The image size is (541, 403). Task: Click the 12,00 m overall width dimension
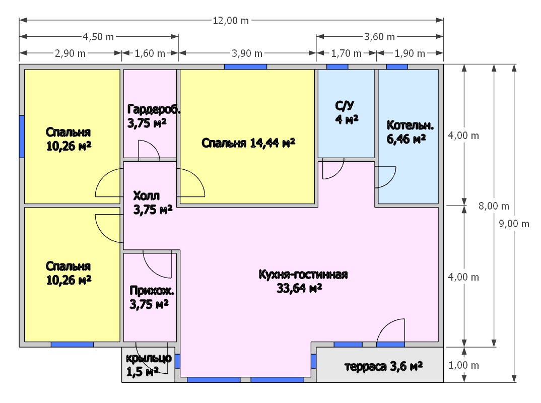pyautogui.click(x=231, y=21)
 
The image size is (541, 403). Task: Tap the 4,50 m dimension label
pyautogui.click(x=98, y=37)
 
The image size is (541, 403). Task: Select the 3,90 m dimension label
pyautogui.click(x=247, y=53)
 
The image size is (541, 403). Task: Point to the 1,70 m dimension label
pyautogui.click(x=347, y=53)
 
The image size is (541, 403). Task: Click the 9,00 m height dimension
pyautogui.click(x=514, y=224)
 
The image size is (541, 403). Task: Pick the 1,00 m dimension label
pyautogui.click(x=464, y=365)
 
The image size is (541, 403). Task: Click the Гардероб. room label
pyautogui.click(x=154, y=109)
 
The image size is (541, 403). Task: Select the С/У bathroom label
pyautogui.click(x=345, y=106)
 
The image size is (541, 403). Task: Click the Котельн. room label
pyautogui.click(x=410, y=125)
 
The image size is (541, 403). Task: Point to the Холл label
pyautogui.click(x=146, y=195)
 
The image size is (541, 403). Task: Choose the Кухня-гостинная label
pyautogui.click(x=303, y=275)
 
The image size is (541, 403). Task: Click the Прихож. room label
pyautogui.click(x=152, y=291)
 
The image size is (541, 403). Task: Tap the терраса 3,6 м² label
pyautogui.click(x=383, y=366)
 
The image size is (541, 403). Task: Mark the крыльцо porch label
pyautogui.click(x=149, y=358)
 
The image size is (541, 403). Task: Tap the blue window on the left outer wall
pyautogui.click(x=22, y=137)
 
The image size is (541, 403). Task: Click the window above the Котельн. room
pyautogui.click(x=397, y=66)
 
